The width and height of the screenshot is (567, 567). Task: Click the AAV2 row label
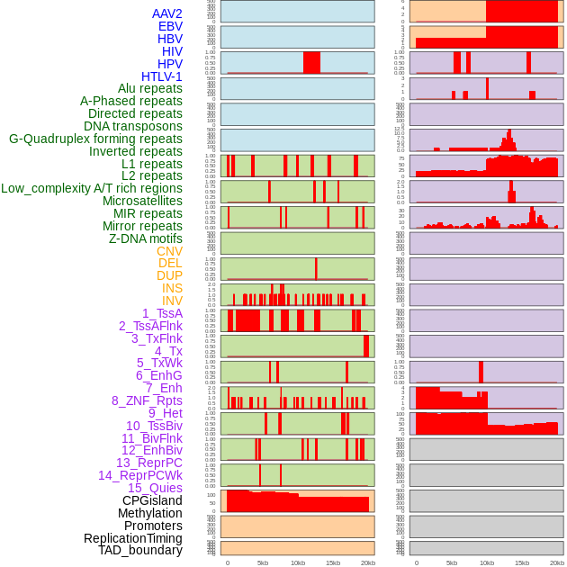[167, 13]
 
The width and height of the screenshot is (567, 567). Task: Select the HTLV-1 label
[162, 76]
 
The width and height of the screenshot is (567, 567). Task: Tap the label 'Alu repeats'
[150, 88]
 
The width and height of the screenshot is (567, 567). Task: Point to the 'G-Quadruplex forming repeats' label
[95, 139]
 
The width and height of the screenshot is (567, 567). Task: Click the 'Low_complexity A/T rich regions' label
[92, 188]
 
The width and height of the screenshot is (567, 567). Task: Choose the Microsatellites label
[142, 201]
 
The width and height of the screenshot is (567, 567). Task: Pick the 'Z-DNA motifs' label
[146, 238]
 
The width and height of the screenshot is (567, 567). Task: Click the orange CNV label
[169, 251]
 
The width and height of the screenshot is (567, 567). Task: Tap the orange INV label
[172, 301]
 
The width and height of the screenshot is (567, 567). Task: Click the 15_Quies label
[155, 488]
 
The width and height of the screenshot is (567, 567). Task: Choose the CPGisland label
[152, 500]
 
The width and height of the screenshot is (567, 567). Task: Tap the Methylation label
[150, 513]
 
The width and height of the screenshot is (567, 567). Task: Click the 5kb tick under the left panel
[263, 562]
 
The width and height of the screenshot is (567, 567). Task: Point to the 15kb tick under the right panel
[522, 562]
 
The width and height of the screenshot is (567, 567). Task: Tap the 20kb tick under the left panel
[368, 562]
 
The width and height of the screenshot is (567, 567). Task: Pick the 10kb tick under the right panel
[487, 562]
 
